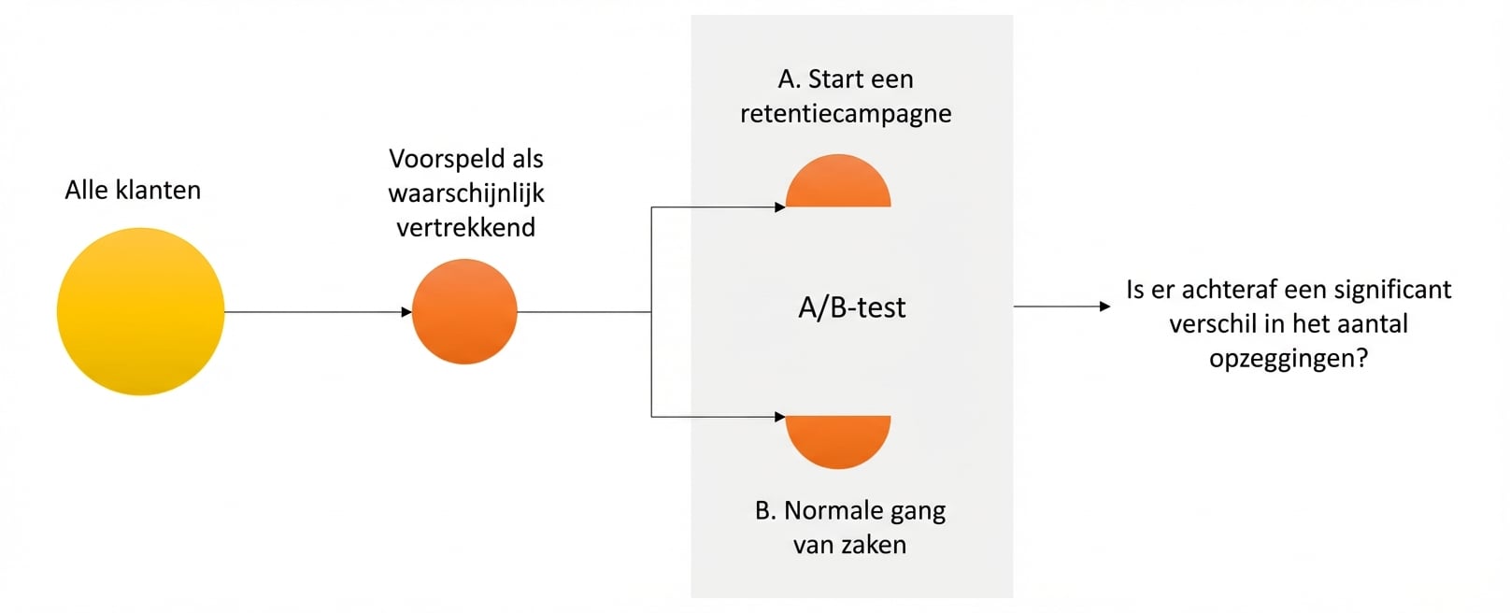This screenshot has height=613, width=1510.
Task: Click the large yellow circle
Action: tap(140, 311)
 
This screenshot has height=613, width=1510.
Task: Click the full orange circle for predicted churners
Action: tap(464, 311)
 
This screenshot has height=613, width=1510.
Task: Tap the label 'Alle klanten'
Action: tap(133, 190)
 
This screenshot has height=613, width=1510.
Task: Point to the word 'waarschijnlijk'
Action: tap(466, 193)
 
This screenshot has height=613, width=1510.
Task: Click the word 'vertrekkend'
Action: tap(466, 227)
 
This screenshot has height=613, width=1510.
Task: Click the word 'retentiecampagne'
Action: tap(846, 113)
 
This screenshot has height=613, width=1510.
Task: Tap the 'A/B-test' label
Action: tap(851, 307)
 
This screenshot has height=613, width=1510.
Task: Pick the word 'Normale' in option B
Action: tap(825, 510)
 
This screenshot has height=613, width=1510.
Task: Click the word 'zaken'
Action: tap(875, 545)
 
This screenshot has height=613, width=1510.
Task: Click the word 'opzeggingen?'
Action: tap(1289, 358)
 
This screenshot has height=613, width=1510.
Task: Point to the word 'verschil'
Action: tap(1209, 324)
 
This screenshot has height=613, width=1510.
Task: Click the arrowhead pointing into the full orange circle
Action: tap(406, 312)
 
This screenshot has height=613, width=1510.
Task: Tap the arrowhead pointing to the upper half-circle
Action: tap(780, 207)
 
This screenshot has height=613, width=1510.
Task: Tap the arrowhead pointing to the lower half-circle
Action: tap(780, 417)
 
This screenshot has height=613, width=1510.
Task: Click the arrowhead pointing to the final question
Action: tap(1105, 306)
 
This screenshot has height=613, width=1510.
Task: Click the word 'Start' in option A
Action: tap(833, 79)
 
